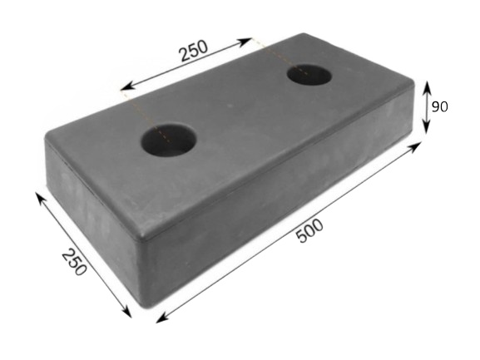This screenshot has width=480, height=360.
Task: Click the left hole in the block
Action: pyautogui.click(x=168, y=140)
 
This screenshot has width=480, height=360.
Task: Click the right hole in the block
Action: pyautogui.click(x=309, y=75)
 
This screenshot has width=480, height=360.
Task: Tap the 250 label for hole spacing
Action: pyautogui.click(x=194, y=51)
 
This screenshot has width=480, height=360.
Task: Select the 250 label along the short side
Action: pyautogui.click(x=74, y=262)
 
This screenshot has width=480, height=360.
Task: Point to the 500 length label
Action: pyautogui.click(x=309, y=230)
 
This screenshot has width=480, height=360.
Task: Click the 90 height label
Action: pyautogui.click(x=439, y=106)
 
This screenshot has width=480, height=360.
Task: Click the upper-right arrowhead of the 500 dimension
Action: pyautogui.click(x=415, y=147)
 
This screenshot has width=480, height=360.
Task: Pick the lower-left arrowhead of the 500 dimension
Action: pyautogui.click(x=162, y=318)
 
